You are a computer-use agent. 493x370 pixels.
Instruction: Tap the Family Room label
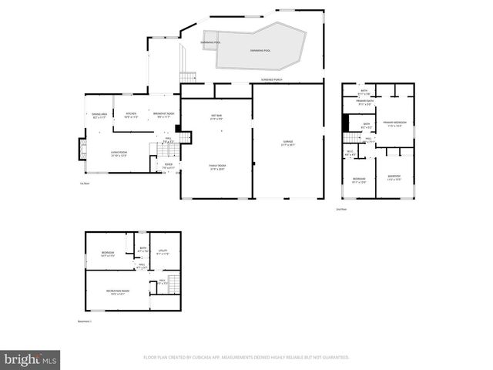click(x=217, y=166)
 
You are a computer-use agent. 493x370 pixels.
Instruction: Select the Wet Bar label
click(x=216, y=117)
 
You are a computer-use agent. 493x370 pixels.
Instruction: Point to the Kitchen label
click(x=131, y=116)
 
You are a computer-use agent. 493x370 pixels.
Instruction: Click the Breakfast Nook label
click(x=163, y=116)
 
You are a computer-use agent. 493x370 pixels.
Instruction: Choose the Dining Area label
click(x=100, y=116)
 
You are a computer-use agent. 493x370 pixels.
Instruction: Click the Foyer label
click(x=168, y=165)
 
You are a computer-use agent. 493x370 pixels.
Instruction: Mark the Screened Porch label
click(x=272, y=79)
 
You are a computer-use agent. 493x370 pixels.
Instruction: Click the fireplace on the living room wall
click(x=82, y=148)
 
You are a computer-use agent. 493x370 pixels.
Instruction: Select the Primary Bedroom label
click(x=396, y=123)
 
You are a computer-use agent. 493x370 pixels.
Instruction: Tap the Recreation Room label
click(x=119, y=292)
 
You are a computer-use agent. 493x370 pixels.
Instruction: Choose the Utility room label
click(x=163, y=251)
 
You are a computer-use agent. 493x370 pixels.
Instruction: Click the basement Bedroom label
click(x=107, y=254)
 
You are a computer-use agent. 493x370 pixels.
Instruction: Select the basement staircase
click(x=173, y=283)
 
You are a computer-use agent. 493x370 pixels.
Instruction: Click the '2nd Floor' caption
click(x=341, y=209)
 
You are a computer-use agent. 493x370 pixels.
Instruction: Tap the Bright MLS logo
click(x=30, y=359)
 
